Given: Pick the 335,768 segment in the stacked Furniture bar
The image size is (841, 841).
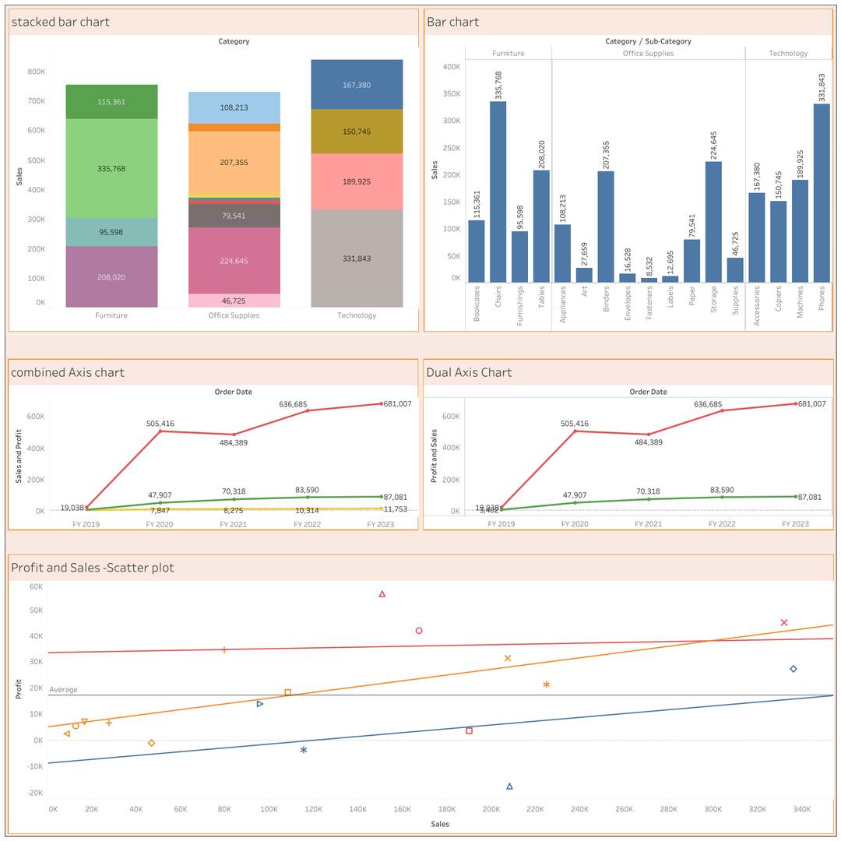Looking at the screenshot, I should tap(111, 168).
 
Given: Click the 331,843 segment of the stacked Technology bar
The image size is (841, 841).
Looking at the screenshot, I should tap(357, 258).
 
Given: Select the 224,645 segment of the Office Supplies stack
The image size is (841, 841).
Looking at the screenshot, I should tap(234, 261).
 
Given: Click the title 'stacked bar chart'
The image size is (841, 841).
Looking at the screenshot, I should tap(60, 22).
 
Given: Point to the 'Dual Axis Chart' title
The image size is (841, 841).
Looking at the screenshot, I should tap(469, 372).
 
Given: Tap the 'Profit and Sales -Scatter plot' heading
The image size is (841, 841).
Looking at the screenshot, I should tap(92, 568).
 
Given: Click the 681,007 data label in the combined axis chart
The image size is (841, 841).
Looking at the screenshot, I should tap(397, 404).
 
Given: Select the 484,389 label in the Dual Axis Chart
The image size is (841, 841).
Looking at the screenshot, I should tap(648, 442).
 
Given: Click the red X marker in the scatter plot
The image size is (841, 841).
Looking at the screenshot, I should tap(784, 622).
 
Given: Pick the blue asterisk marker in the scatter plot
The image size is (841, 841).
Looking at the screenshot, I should tap(304, 750).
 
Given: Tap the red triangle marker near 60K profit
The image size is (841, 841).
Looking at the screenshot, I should tap(382, 594).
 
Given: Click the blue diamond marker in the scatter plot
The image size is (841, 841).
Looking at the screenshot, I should tap(793, 669).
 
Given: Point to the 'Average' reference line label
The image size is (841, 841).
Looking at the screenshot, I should tap(63, 690).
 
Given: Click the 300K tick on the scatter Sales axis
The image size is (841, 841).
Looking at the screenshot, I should tap(713, 809).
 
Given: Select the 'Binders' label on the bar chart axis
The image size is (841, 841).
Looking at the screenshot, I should tap(606, 299).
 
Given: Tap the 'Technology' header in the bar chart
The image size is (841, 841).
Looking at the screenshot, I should tap(788, 54).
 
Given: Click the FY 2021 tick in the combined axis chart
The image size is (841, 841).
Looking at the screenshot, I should tap(233, 524).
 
